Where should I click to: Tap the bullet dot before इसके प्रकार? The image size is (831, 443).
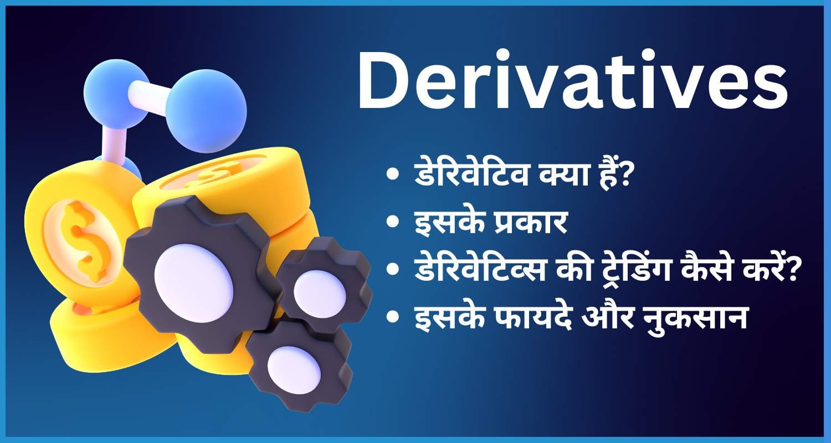point(393,224)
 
